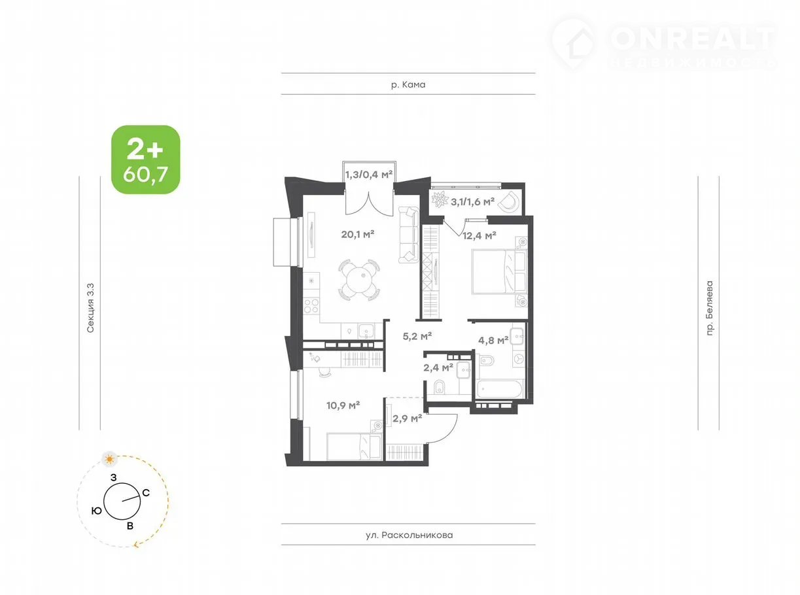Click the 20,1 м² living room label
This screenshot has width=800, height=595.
tap(357, 234)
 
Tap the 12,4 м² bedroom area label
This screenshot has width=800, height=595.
tap(479, 236)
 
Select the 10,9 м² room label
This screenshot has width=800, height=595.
tap(343, 405)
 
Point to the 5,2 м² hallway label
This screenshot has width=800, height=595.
tap(417, 336)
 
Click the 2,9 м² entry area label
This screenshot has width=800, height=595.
tap(408, 418)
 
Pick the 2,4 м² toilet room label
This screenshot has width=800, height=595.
tap(438, 368)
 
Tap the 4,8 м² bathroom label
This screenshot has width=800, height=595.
tap(493, 340)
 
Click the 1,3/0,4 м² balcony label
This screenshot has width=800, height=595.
tap(369, 175)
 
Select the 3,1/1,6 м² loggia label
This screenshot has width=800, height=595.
tap(472, 201)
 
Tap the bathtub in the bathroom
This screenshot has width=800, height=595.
tap(500, 389)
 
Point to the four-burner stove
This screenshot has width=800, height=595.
tap(311, 305)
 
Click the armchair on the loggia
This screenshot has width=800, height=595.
tap(508, 201)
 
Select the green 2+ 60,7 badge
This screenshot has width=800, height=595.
tap(145, 160)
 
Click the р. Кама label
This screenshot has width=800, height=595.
tap(408, 84)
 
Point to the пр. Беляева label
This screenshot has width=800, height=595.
tap(709, 309)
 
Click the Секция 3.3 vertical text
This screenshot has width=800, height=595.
tap(90, 308)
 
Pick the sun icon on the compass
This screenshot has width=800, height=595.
tap(109, 460)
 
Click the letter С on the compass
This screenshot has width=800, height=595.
tap(146, 493)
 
